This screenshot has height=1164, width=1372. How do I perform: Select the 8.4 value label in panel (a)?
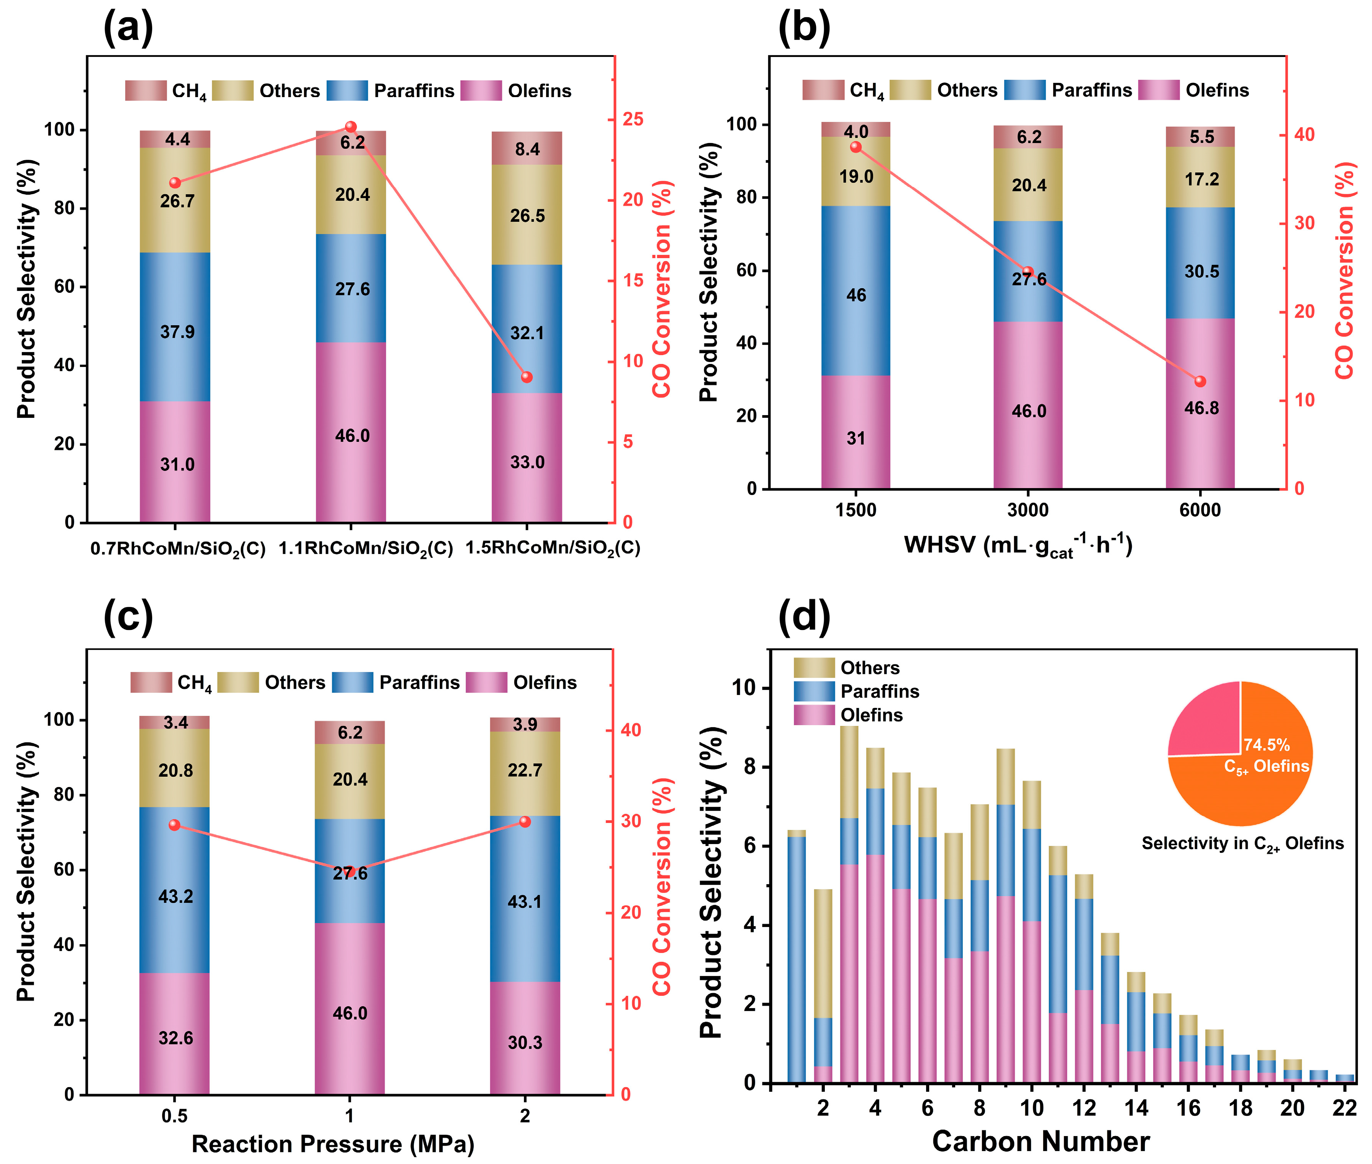click(527, 150)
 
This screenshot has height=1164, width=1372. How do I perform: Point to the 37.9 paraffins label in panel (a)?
click(177, 331)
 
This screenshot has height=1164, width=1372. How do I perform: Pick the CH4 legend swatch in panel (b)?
click(822, 90)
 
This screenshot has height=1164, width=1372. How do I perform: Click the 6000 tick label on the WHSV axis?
click(1200, 510)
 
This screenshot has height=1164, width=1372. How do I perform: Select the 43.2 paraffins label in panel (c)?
click(176, 896)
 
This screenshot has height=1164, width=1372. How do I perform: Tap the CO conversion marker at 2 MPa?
click(525, 821)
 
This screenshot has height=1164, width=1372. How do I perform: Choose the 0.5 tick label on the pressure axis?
click(174, 1115)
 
